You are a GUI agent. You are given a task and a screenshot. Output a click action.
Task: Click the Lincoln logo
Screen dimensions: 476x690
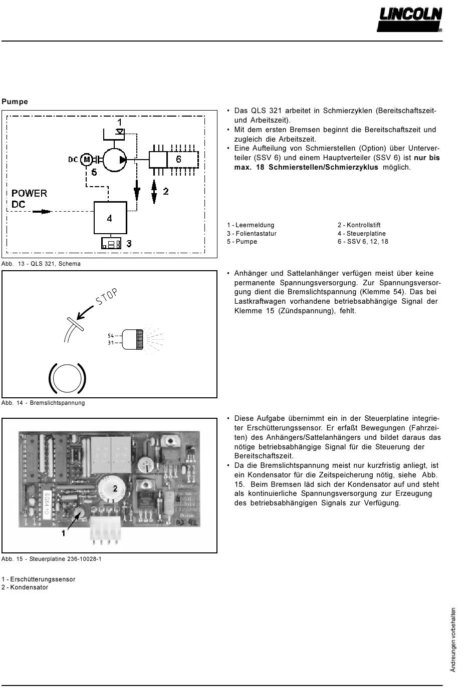[x=409, y=20]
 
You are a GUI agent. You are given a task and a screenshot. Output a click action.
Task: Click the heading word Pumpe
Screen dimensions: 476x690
[x=15, y=102]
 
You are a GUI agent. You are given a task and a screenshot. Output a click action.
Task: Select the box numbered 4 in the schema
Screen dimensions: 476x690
[x=110, y=218]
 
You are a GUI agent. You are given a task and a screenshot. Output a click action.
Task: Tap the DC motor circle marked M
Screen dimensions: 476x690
[x=86, y=160]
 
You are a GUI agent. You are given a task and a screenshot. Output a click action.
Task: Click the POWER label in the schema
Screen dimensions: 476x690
[x=29, y=194]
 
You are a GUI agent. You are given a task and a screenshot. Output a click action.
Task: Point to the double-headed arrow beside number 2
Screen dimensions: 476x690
[x=154, y=192]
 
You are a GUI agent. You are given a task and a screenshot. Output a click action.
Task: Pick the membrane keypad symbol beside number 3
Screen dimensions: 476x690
[x=111, y=243]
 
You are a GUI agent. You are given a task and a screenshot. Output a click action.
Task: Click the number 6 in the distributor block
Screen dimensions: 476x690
[x=178, y=159]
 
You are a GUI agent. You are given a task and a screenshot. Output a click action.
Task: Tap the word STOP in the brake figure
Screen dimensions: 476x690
[x=107, y=297]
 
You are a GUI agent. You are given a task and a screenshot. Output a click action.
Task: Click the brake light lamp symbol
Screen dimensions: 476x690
[x=133, y=339]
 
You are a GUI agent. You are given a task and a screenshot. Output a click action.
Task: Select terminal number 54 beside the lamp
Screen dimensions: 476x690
[x=111, y=335]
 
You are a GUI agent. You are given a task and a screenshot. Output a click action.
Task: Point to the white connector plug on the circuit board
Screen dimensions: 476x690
[x=104, y=529]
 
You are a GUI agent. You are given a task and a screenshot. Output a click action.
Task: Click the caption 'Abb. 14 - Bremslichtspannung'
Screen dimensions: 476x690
[x=43, y=403]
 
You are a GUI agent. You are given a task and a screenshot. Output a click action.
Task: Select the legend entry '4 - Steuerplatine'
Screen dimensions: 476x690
[x=362, y=234]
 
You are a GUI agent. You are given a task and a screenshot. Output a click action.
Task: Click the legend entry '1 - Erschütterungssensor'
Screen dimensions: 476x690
[x=38, y=579]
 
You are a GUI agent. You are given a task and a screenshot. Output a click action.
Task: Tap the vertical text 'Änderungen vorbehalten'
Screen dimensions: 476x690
[x=452, y=640]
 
